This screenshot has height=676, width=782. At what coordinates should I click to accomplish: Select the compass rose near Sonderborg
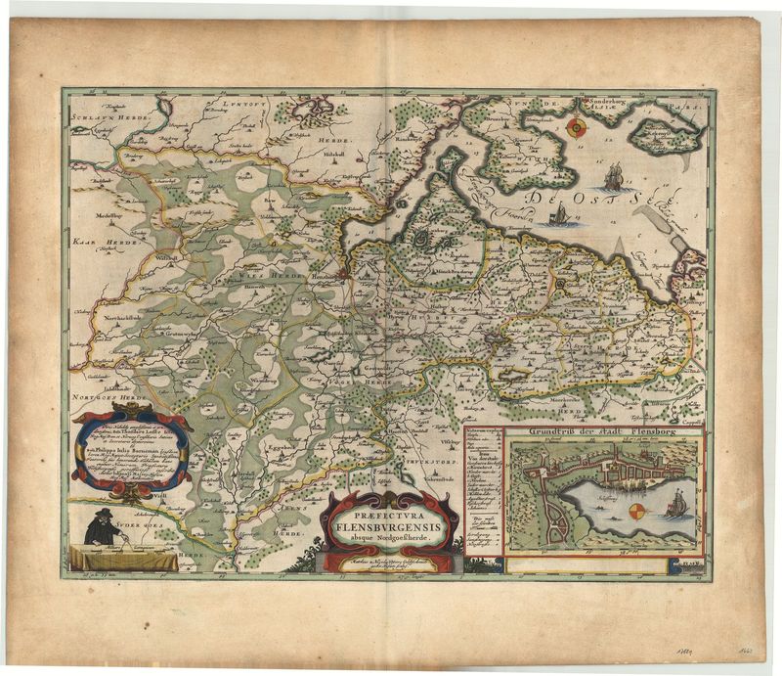pos(578,126)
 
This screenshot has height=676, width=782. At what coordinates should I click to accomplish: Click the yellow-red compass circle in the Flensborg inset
pos(636,512)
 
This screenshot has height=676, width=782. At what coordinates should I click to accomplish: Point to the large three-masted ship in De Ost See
pos(613,177)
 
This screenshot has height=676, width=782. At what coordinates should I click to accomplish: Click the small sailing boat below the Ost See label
pos(558,216)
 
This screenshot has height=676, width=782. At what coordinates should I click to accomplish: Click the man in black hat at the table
pos(101,529)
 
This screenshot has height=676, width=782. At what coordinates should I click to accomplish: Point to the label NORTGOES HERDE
pos(104,397)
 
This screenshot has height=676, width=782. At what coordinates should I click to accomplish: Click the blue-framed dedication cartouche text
pos(131,453)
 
